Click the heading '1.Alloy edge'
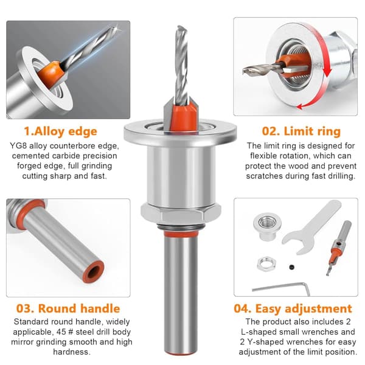click(x=60, y=131)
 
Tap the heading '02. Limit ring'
click(x=301, y=131)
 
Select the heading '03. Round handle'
click(x=68, y=308)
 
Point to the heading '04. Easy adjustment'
click(x=293, y=308)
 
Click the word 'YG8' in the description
click(x=18, y=146)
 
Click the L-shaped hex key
click(x=282, y=288)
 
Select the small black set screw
click(x=291, y=267)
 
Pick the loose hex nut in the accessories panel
click(x=266, y=264)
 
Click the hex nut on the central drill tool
click(x=181, y=212)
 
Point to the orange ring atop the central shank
click(x=181, y=234)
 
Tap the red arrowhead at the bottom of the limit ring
click(x=301, y=107)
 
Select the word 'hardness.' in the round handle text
click(x=71, y=352)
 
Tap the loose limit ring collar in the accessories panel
click(x=267, y=226)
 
